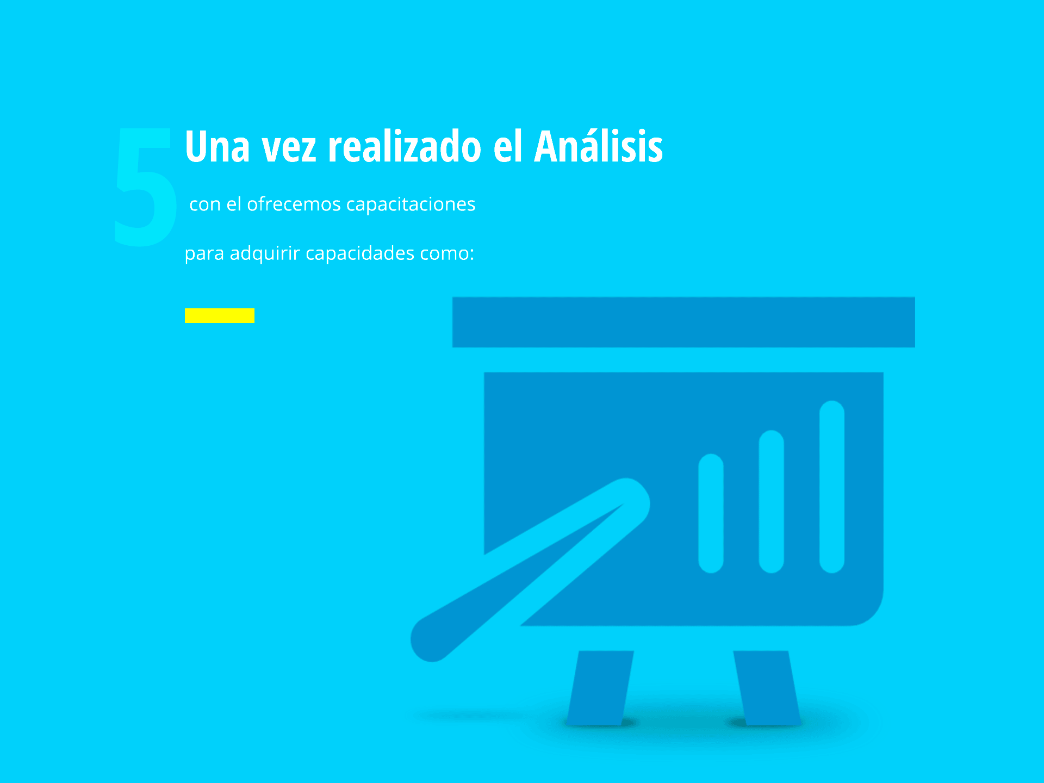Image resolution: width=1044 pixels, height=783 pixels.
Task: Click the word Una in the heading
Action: pyautogui.click(x=217, y=146)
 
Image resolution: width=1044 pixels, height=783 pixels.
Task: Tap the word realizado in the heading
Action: pyautogui.click(x=405, y=146)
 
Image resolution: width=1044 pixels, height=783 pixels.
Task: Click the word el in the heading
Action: pyautogui.click(x=508, y=146)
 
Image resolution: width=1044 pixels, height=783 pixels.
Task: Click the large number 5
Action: pyautogui.click(x=145, y=187)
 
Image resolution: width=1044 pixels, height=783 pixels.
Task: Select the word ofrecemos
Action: pyautogui.click(x=294, y=204)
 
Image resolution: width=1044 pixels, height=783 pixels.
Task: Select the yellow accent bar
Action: pyautogui.click(x=220, y=315)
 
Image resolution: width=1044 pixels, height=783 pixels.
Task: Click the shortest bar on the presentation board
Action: pyautogui.click(x=711, y=513)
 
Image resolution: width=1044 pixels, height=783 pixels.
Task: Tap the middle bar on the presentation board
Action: pyautogui.click(x=771, y=501)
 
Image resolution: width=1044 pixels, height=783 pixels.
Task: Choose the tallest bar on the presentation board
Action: pyautogui.click(x=831, y=487)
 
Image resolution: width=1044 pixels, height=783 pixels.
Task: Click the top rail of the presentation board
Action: pyautogui.click(x=683, y=322)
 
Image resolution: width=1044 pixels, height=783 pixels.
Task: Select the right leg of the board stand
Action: pyautogui.click(x=767, y=688)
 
